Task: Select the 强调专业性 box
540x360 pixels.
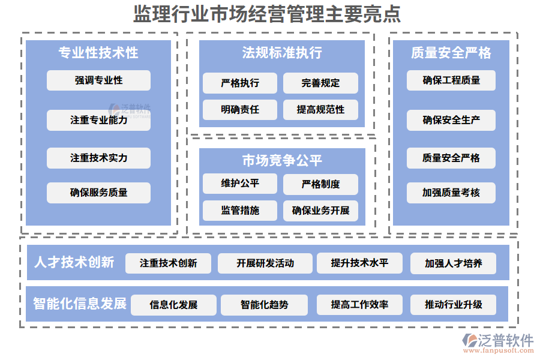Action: click(x=98, y=80)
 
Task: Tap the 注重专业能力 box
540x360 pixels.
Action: click(x=98, y=120)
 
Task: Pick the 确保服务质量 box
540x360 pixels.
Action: click(x=98, y=193)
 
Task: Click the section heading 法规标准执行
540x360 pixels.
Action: click(x=282, y=53)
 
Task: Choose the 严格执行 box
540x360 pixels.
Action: click(x=240, y=83)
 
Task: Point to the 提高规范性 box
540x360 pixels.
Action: click(x=320, y=110)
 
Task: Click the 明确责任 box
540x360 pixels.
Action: click(x=240, y=110)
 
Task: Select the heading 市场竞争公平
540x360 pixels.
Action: click(x=282, y=160)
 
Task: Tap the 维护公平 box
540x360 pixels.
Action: click(x=240, y=184)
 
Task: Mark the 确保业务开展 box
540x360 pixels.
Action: click(x=320, y=211)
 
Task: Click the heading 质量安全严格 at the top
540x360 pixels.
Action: click(x=451, y=53)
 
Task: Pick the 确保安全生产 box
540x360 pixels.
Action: click(x=451, y=120)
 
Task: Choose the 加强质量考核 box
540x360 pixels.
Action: click(x=451, y=193)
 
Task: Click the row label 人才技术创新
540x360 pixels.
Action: click(x=74, y=262)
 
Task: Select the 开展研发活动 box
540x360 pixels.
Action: click(x=265, y=263)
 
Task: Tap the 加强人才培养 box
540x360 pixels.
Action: click(x=453, y=263)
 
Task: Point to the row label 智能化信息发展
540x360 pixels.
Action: click(x=80, y=304)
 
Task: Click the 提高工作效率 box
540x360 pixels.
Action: click(x=359, y=305)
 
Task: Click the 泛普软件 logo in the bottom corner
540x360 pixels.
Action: click(x=497, y=343)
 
